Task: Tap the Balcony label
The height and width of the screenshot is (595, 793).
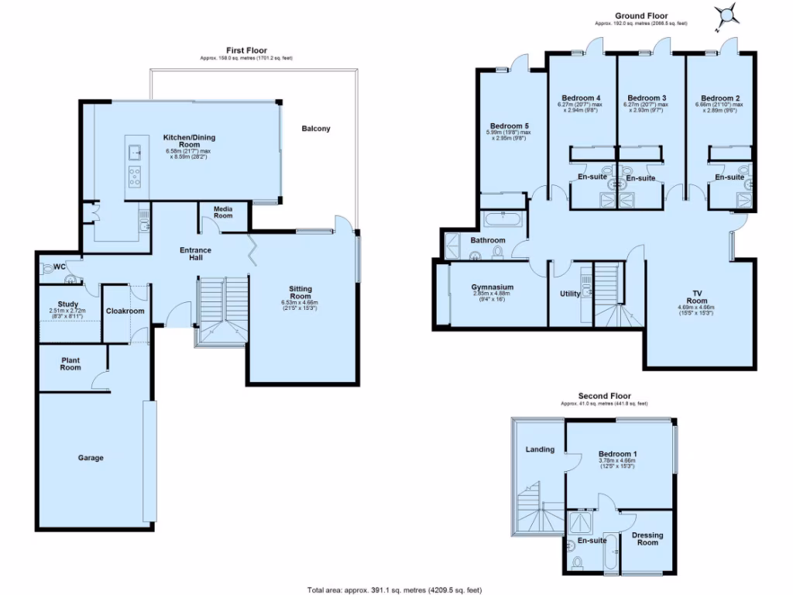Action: point(316,129)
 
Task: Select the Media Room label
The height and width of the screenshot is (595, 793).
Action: point(223,212)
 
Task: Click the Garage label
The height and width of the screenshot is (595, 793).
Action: point(90,458)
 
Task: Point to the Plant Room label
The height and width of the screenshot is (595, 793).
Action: point(70,363)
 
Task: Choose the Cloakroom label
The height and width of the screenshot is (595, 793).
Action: point(125,311)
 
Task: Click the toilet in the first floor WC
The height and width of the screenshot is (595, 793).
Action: point(52,268)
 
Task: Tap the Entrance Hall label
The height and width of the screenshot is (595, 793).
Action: point(196,254)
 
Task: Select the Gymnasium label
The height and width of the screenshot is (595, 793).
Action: point(493,287)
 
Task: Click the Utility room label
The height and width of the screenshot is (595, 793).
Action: point(570,294)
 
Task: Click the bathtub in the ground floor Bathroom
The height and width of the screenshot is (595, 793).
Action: point(504,218)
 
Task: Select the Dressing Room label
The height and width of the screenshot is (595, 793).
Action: point(647,538)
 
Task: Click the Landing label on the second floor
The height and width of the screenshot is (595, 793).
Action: point(540,449)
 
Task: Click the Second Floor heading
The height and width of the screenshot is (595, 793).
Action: point(604,395)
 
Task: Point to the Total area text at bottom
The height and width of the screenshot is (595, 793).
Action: point(395,588)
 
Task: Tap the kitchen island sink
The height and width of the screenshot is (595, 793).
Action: point(134,151)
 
